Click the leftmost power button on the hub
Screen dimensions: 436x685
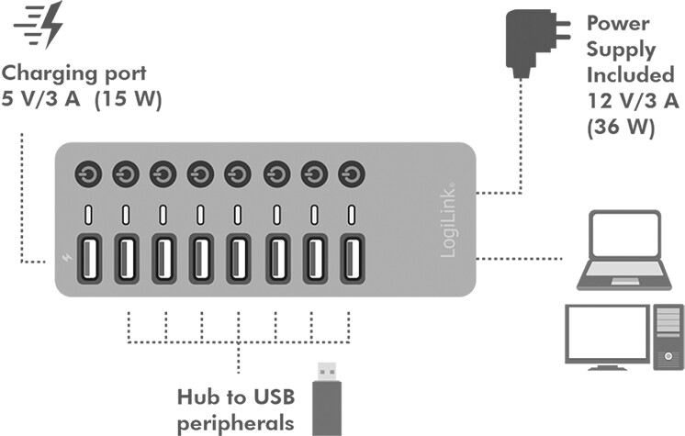89,173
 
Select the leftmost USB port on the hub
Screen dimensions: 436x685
89,260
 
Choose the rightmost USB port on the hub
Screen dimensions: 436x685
352,260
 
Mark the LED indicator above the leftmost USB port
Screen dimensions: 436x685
89,215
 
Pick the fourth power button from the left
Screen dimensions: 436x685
201,173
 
